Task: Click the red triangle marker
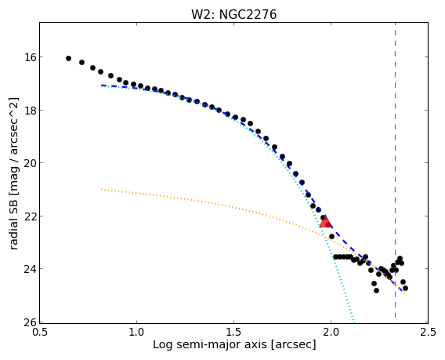(325, 221)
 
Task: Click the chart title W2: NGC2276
(233, 14)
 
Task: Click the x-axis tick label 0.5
(40, 332)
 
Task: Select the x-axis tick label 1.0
(137, 332)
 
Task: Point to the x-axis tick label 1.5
(233, 332)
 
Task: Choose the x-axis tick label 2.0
(331, 332)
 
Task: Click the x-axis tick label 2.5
(428, 332)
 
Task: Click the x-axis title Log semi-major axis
(210, 344)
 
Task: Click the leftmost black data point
(68, 58)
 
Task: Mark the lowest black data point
(376, 290)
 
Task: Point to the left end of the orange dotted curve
(101, 189)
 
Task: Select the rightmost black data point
(405, 288)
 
